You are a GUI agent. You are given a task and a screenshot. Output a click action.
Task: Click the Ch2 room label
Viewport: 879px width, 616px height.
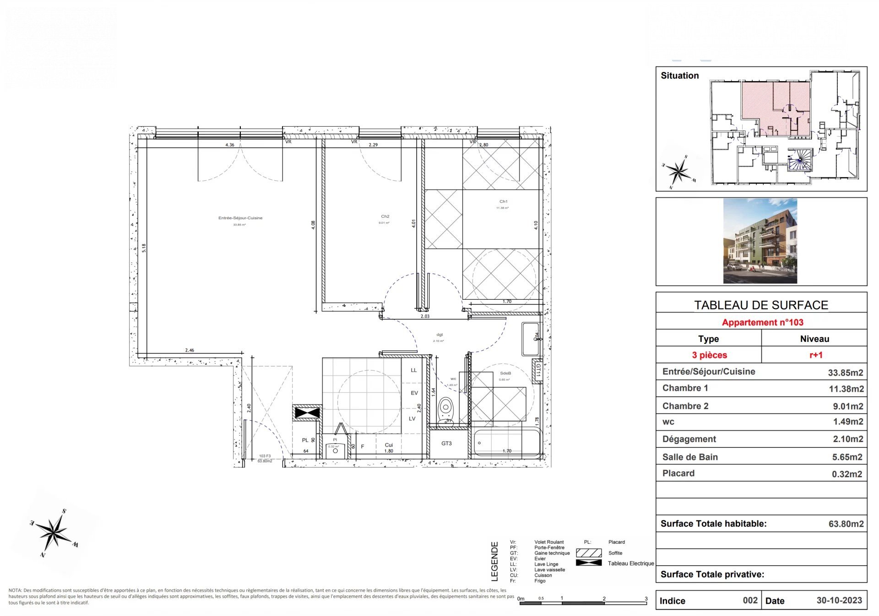(x=385, y=216)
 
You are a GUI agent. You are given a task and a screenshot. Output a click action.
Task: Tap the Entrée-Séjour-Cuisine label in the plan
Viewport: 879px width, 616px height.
(x=240, y=218)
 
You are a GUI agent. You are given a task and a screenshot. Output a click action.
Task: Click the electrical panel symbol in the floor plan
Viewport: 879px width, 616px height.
(x=307, y=413)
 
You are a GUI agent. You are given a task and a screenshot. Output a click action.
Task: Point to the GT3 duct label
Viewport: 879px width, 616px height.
(x=446, y=443)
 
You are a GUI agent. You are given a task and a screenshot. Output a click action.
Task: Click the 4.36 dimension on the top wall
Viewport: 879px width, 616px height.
(x=230, y=145)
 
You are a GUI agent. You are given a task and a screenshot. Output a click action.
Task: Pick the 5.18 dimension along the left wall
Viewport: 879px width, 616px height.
(x=144, y=248)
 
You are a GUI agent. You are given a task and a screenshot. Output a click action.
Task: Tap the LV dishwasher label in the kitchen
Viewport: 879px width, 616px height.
(x=412, y=418)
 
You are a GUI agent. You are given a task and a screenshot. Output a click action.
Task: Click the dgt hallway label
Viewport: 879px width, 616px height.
(x=439, y=335)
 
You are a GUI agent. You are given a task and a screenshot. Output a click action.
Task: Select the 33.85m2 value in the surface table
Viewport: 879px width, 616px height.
(x=845, y=373)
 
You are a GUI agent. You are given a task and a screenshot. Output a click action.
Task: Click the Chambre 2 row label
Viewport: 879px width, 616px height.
(x=685, y=406)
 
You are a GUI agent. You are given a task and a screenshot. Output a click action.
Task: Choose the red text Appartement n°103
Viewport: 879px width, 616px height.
(x=762, y=322)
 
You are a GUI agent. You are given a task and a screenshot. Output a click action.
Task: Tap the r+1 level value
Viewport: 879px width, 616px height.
(x=816, y=355)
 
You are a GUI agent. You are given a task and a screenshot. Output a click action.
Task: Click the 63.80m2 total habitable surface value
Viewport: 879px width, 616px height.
(x=846, y=524)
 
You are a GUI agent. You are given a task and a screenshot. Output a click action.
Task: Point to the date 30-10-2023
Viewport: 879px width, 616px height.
(x=839, y=600)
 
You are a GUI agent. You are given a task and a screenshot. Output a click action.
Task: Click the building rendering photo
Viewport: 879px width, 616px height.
(x=760, y=241)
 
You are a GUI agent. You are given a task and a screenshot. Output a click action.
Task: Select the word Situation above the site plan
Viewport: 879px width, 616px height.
(x=679, y=76)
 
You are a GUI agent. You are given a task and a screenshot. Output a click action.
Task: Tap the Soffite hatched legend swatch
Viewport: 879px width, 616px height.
(x=589, y=553)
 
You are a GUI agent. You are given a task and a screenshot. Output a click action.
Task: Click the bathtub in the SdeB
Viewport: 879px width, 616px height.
(x=506, y=443)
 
